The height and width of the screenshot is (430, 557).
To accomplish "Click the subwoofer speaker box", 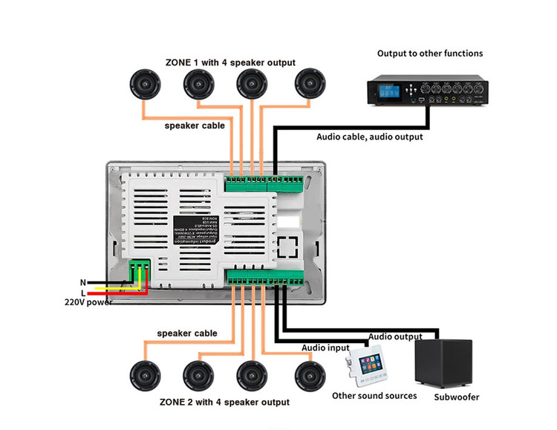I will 443,362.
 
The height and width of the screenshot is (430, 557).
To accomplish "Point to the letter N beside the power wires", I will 83,283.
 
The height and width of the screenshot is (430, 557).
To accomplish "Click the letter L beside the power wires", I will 84,293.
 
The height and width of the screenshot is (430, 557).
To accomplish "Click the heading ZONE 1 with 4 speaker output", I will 230,62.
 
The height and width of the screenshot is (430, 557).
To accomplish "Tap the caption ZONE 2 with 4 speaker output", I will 224,402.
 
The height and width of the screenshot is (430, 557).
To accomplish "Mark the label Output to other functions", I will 430,53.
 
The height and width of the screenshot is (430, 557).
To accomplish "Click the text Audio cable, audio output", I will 370,137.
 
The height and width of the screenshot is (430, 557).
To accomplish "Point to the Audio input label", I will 325,348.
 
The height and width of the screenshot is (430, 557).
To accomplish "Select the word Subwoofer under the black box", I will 457,397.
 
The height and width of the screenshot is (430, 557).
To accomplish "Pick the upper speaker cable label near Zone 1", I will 195,126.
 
